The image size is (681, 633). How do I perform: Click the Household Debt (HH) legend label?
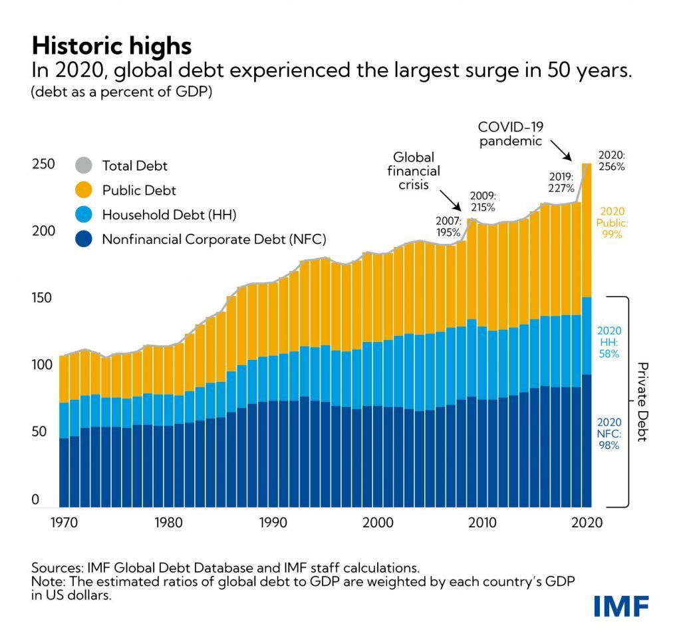coord(169,215)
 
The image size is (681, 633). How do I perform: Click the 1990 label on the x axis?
coord(273,523)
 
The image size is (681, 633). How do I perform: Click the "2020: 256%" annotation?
coord(611,161)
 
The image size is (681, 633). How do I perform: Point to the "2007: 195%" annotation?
coord(448,226)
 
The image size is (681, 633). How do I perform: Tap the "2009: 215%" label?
coord(483,201)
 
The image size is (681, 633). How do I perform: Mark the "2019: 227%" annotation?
coord(561,182)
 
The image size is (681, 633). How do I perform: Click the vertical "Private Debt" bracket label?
coord(643,402)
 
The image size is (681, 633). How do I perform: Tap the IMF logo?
coord(621,606)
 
